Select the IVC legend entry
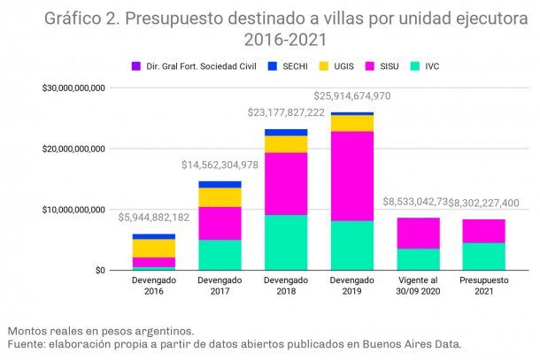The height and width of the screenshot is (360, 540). tap(431, 65)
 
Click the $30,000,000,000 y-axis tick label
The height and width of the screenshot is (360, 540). tap(73, 88)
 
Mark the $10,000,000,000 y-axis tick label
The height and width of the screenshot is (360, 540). tap(73, 210)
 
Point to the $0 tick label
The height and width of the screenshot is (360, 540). tap(99, 270)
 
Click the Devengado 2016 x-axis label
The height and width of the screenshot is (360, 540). tap(153, 286)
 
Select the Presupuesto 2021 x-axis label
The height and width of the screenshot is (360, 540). tap(484, 286)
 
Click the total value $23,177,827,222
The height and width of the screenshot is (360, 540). tap(285, 113)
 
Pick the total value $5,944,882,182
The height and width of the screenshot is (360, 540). tap(153, 216)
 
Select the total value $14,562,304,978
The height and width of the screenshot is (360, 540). tap(220, 165)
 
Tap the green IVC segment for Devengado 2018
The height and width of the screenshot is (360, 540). tap(285, 242)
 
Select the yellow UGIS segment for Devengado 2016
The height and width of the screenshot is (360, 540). tap(153, 248)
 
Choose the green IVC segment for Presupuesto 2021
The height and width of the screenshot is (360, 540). tap(484, 257)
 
